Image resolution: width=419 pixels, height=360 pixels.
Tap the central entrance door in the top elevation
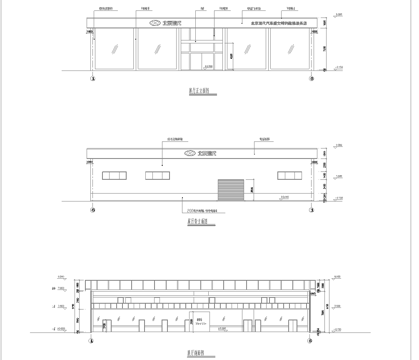point(207,58)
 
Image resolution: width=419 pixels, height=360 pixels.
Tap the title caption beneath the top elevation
point(207,91)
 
